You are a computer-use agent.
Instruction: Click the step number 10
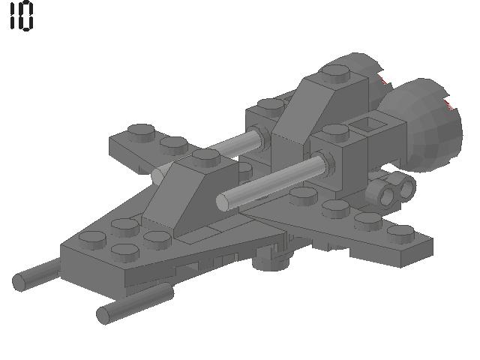[x=21, y=16]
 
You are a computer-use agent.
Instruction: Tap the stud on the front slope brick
[x=205, y=156]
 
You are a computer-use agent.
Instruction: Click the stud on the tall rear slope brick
[x=334, y=73]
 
